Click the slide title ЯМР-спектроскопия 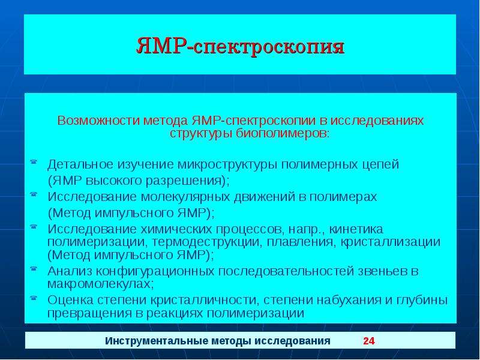pos(241,47)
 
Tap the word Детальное pos(80,164)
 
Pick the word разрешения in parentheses pos(185,181)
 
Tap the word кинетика pos(356,229)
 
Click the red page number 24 pos(369,341)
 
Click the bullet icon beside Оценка pos(34,298)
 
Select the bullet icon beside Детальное pos(34,161)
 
